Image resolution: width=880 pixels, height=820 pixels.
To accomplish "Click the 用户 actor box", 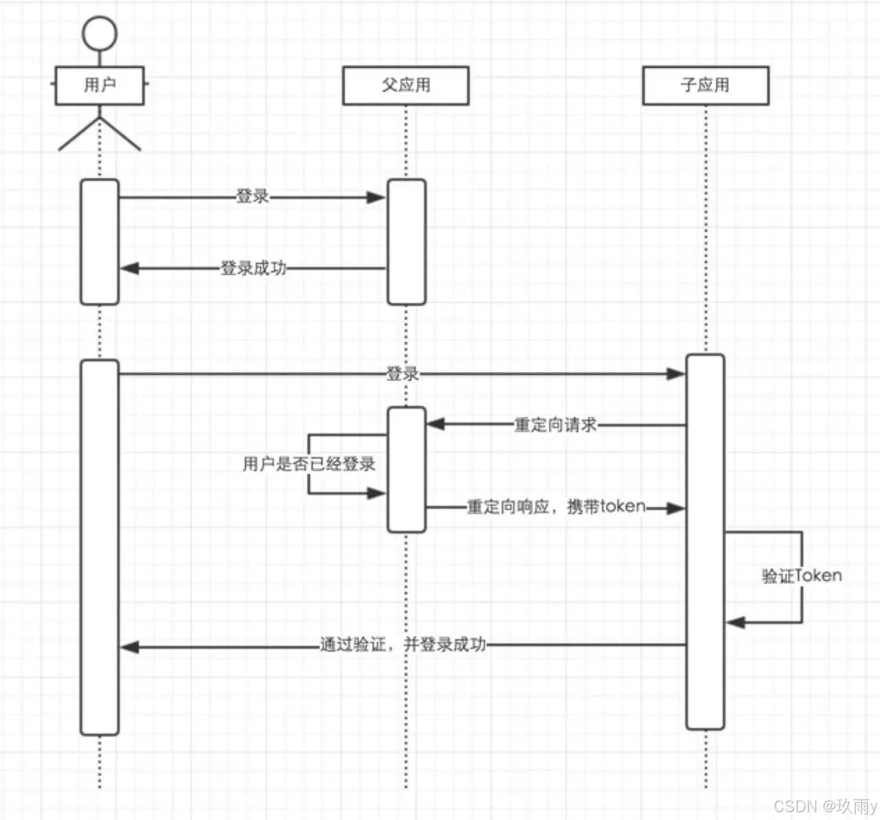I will click(x=99, y=85).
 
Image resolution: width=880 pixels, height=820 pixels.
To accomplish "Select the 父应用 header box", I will click(x=406, y=85).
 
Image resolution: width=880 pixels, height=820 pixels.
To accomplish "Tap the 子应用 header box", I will click(x=705, y=85).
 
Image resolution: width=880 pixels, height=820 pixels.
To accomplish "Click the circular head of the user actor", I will click(x=99, y=33).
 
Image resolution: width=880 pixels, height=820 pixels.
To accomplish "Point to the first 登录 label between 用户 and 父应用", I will click(x=253, y=196).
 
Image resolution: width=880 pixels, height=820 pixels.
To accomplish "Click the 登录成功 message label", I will click(x=253, y=268).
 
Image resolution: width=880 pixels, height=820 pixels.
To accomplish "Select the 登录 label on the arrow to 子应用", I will click(x=402, y=374).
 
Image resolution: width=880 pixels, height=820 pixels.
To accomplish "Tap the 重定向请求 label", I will click(x=556, y=425).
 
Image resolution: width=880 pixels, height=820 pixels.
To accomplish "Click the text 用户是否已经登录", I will click(x=309, y=464).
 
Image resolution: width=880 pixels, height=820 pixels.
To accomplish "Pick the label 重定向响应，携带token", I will click(x=556, y=506).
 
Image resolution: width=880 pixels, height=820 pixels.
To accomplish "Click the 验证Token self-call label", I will click(x=802, y=576).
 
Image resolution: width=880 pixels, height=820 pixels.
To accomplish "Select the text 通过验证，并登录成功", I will click(x=403, y=644).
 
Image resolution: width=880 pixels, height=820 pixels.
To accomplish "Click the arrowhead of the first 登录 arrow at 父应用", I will click(x=377, y=197).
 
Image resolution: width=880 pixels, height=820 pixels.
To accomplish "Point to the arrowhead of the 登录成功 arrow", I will click(x=129, y=268).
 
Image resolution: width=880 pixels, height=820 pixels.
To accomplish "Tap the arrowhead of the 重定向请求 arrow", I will click(x=436, y=424).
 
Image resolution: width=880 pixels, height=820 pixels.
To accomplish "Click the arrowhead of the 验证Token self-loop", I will click(x=735, y=623).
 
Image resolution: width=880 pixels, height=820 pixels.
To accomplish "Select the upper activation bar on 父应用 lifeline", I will click(x=406, y=241).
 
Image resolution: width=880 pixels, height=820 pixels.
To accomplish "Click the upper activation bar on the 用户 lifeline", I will click(x=99, y=241).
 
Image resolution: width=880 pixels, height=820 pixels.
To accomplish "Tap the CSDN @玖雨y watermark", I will click(x=825, y=806).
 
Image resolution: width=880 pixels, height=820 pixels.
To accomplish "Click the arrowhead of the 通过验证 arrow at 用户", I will click(x=129, y=646).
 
